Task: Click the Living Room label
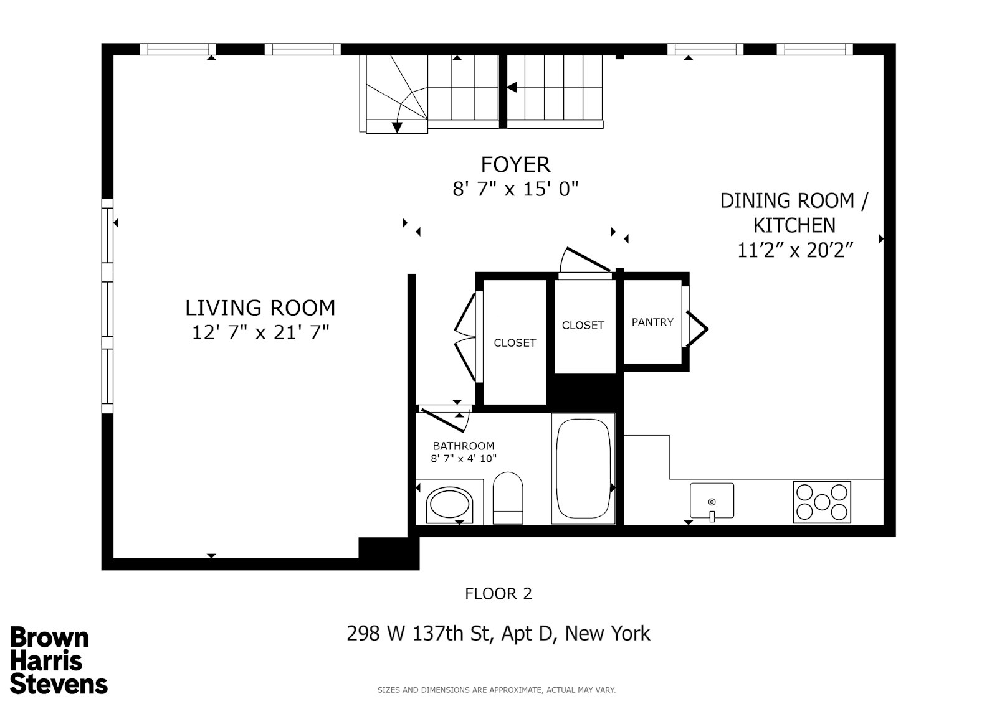(260, 308)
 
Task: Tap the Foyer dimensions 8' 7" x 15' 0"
(515, 189)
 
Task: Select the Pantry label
(652, 322)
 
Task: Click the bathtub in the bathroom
(583, 469)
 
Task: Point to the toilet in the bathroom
(508, 497)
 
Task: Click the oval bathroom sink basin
(450, 505)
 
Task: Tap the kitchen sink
(712, 500)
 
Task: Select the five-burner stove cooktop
(821, 502)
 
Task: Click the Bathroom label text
(464, 446)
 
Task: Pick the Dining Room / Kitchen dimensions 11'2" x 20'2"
(794, 250)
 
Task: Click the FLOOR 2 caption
(499, 594)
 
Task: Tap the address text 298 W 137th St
(499, 634)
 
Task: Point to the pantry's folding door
(697, 327)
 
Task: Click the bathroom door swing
(442, 419)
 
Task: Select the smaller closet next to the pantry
(583, 326)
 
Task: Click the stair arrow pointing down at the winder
(397, 127)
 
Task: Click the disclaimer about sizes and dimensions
(496, 690)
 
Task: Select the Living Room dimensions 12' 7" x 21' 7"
(260, 332)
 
